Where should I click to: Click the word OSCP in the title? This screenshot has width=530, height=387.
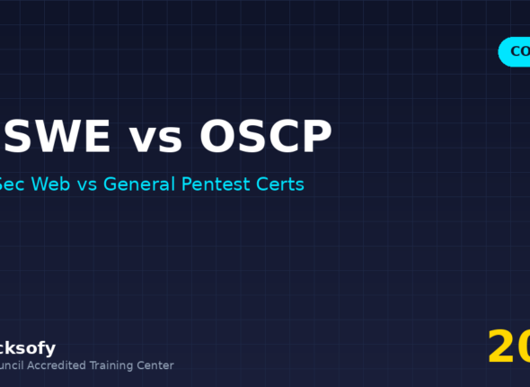coord(266,137)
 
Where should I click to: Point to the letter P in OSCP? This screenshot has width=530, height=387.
coord(315,137)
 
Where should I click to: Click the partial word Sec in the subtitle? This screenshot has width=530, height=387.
coord(13,184)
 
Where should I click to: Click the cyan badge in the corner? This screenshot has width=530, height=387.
coord(515,52)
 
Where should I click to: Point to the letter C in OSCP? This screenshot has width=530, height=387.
coord(283,137)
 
